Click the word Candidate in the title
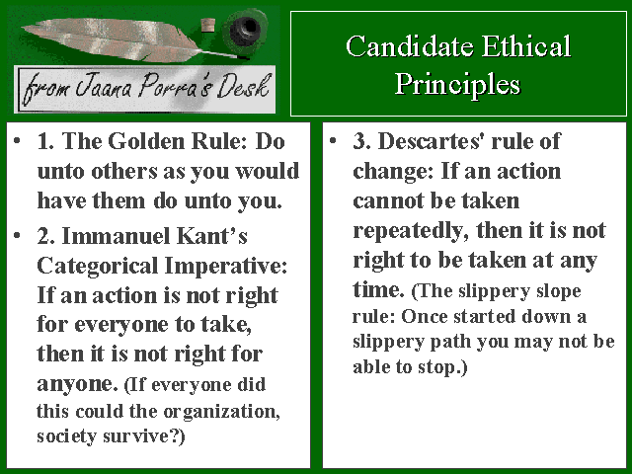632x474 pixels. click(409, 46)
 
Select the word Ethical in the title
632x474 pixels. click(526, 46)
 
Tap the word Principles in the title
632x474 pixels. click(457, 86)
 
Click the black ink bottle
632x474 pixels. click(246, 30)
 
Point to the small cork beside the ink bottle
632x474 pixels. click(208, 25)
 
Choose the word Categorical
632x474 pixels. click(98, 267)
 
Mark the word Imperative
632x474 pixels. click(226, 267)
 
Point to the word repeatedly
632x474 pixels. click(411, 231)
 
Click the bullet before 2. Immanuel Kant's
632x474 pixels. click(17, 235)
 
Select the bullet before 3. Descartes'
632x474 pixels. click(333, 140)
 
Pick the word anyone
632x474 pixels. click(77, 384)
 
